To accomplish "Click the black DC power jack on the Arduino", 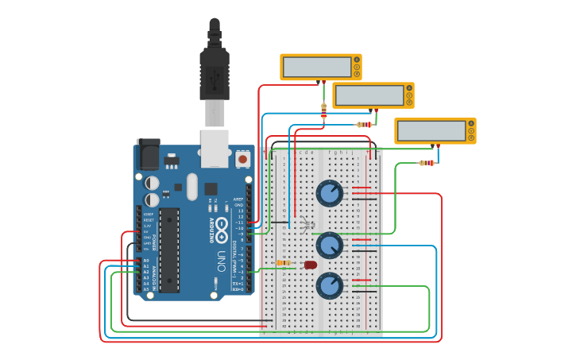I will click(x=148, y=153).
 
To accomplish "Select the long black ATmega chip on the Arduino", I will click(x=169, y=250).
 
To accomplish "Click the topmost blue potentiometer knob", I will click(x=330, y=193).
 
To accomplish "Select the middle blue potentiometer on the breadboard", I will click(x=330, y=244).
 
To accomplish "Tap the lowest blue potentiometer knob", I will click(x=330, y=285).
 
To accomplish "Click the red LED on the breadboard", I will click(x=311, y=265).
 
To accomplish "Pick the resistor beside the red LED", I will click(x=283, y=263).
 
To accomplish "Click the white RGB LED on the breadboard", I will click(x=307, y=225).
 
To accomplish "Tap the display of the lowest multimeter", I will click(x=431, y=131).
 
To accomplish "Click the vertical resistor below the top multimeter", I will click(x=323, y=111).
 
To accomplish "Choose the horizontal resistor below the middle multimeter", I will click(x=365, y=125).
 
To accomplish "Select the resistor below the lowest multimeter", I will click(x=427, y=163).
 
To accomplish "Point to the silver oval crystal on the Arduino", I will click(x=191, y=187).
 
